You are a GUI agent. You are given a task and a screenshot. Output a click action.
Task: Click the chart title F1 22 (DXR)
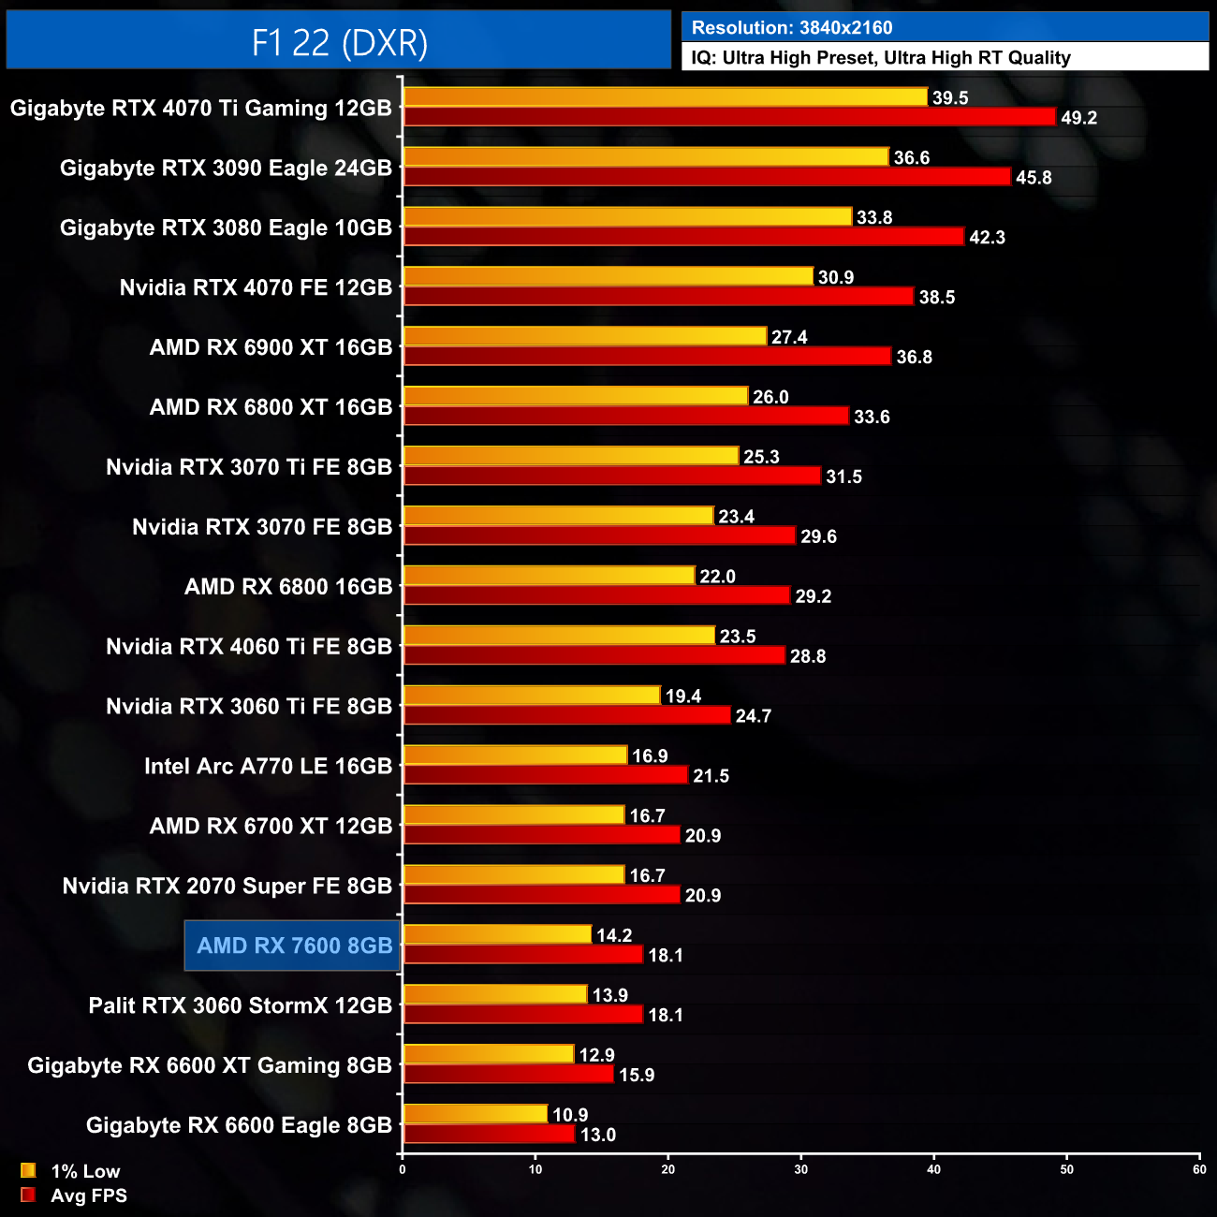(x=339, y=42)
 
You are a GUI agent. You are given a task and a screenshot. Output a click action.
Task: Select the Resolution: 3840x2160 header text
(x=792, y=28)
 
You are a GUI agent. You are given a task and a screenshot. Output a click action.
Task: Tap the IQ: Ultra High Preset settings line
(x=880, y=58)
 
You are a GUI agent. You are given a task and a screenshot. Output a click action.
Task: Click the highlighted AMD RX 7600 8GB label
(x=294, y=946)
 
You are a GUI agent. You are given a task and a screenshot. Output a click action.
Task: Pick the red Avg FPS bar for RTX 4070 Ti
(x=729, y=117)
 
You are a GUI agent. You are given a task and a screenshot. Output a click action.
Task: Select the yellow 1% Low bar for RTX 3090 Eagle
(x=645, y=157)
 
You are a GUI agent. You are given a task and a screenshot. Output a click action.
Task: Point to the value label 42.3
(x=987, y=238)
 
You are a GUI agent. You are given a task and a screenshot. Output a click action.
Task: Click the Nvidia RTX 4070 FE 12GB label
(x=256, y=287)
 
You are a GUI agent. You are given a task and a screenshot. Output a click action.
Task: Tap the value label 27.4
(x=789, y=337)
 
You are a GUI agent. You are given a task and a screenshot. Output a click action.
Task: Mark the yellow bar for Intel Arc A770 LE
(x=515, y=755)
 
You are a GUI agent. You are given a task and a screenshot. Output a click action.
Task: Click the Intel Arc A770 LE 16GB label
(x=268, y=766)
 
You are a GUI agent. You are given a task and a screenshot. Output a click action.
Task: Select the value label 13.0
(x=598, y=1136)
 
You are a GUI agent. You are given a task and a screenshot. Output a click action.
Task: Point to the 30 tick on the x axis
(x=801, y=1169)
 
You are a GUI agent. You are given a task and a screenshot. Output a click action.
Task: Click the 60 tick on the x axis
(x=1199, y=1169)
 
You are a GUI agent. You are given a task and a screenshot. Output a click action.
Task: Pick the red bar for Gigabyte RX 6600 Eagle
(x=489, y=1135)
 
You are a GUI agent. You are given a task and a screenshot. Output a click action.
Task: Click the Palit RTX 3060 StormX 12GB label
(x=240, y=1005)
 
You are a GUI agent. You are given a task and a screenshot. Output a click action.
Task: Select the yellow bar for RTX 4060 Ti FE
(x=559, y=636)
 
